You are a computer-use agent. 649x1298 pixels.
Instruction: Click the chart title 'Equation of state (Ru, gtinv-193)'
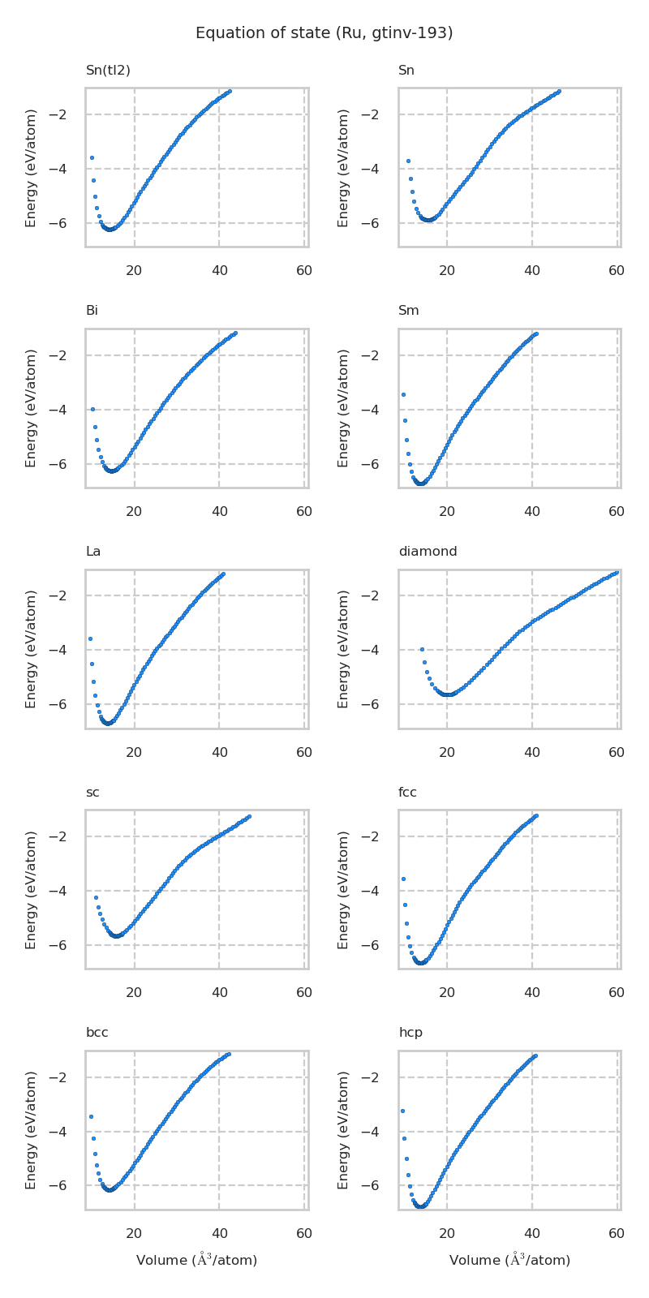pyautogui.click(x=324, y=33)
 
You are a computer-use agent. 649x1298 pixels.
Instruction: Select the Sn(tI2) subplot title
pyautogui.click(x=108, y=71)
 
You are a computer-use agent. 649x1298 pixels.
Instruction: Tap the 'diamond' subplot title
pyautogui.click(x=428, y=552)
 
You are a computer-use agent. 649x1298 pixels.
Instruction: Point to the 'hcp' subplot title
pyautogui.click(x=410, y=1033)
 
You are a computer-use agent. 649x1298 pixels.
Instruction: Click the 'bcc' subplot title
pyautogui.click(x=97, y=1033)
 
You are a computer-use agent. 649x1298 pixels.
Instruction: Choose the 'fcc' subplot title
pyautogui.click(x=407, y=793)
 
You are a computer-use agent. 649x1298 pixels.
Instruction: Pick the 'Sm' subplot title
pyautogui.click(x=408, y=311)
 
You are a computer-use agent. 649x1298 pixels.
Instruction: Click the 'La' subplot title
pyautogui.click(x=93, y=552)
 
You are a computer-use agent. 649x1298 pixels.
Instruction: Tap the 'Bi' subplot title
pyautogui.click(x=92, y=311)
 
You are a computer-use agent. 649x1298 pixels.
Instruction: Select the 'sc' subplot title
pyautogui.click(x=92, y=793)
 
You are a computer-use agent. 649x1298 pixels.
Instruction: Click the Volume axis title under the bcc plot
pyautogui.click(x=196, y=1260)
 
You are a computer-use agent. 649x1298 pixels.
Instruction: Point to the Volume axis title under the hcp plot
pyautogui.click(x=509, y=1260)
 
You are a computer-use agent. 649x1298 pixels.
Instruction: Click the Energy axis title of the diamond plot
pyautogui.click(x=344, y=649)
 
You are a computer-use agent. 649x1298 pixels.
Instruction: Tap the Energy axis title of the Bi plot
pyautogui.click(x=31, y=408)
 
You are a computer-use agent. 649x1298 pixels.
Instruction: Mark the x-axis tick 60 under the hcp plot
pyautogui.click(x=617, y=1234)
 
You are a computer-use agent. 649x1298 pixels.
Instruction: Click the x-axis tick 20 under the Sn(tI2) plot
pyautogui.click(x=134, y=271)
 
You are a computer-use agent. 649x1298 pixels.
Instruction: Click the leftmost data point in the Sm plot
pyautogui.click(x=403, y=394)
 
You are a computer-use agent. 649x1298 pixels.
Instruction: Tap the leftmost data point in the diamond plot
pyautogui.click(x=422, y=649)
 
